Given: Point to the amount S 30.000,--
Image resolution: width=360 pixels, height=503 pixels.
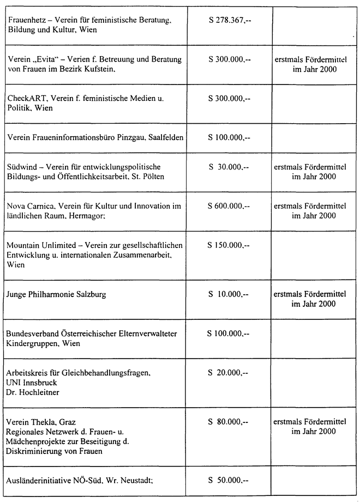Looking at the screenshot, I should tap(229, 166).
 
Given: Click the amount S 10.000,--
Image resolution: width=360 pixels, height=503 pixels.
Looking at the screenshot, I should tap(229, 294).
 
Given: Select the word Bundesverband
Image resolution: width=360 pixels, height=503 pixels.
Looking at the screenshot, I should tap(34, 334).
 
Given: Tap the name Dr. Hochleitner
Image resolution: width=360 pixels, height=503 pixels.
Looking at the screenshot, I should tap(32, 392).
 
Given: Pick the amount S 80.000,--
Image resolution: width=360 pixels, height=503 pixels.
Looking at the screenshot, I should tap(229, 421).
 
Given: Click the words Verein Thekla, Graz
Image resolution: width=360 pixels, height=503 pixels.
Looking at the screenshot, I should tap(41, 421).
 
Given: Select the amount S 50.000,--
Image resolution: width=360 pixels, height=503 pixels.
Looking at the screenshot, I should tap(229, 480).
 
